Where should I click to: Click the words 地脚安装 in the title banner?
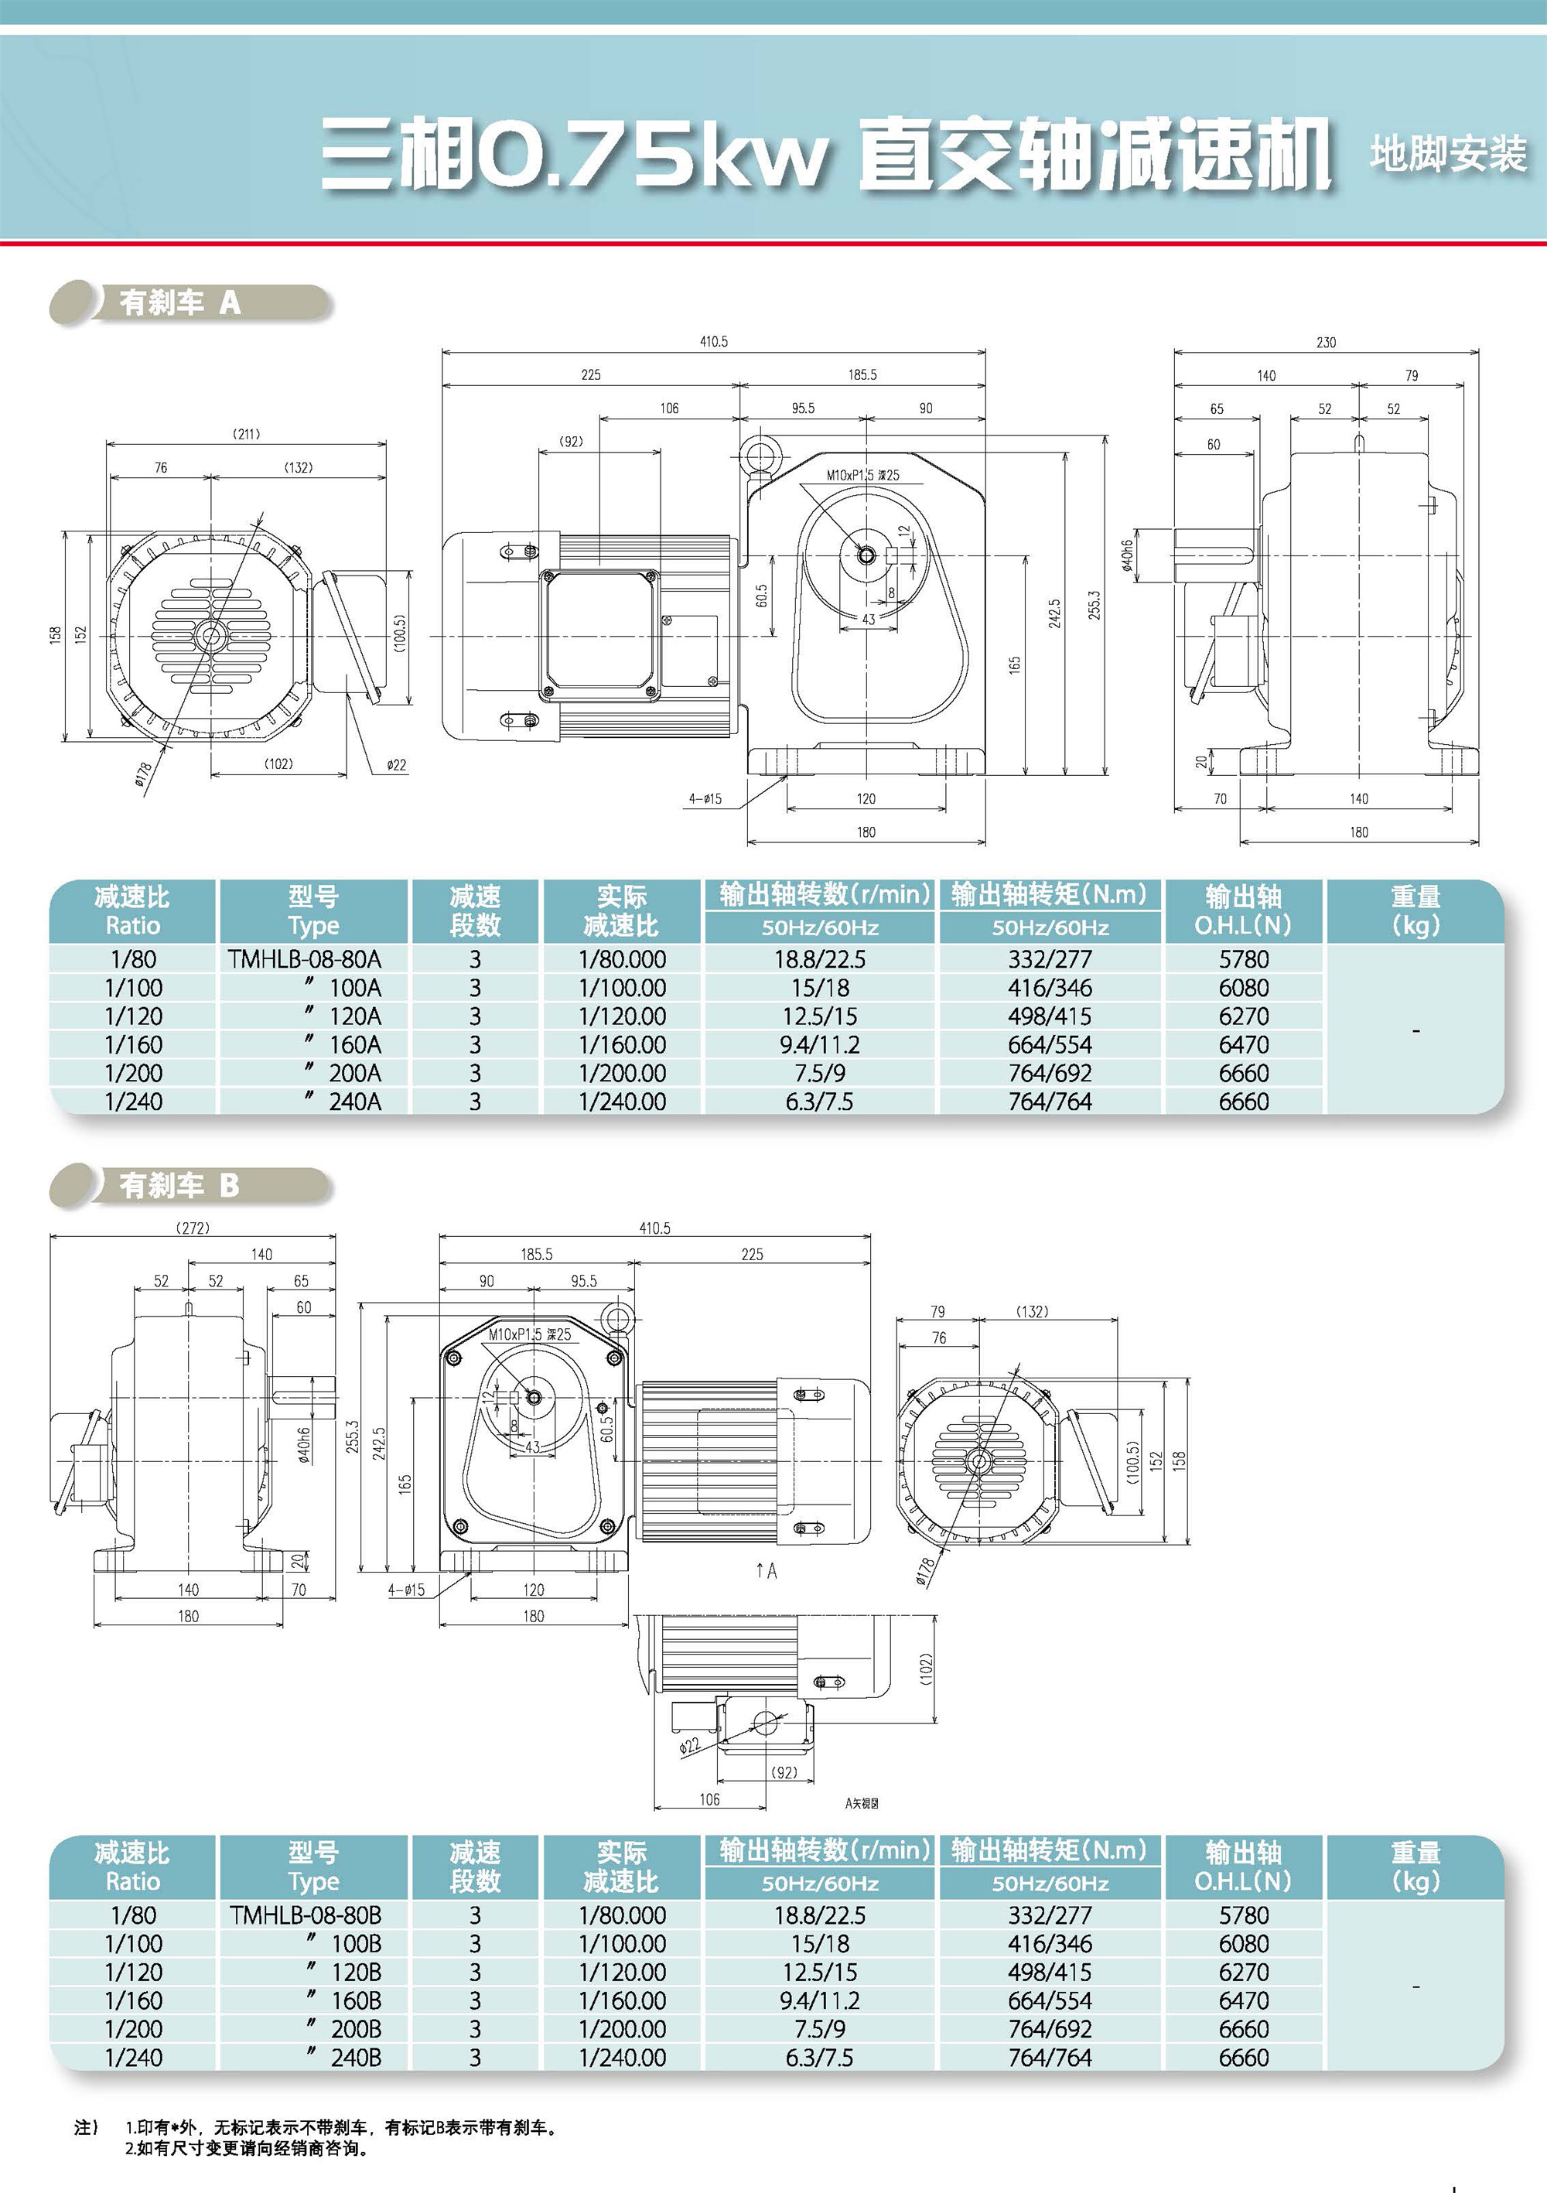[x=1448, y=154]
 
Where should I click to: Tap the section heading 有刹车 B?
[x=179, y=1185]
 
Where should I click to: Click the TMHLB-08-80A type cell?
[x=305, y=959]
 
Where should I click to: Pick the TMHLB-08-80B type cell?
[x=306, y=1915]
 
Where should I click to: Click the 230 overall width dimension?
[x=1326, y=342]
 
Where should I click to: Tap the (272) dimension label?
[x=193, y=1228]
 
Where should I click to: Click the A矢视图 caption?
[x=862, y=1803]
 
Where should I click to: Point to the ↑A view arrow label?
[x=766, y=1570]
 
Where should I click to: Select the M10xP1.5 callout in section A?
[x=862, y=475]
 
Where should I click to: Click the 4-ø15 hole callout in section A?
[x=705, y=798]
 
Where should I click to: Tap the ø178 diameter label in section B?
[x=924, y=1571]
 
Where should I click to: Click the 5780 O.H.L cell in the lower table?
[x=1243, y=1915]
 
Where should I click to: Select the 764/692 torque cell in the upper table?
[x=1050, y=1073]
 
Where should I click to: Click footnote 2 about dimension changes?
[x=247, y=2148]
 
